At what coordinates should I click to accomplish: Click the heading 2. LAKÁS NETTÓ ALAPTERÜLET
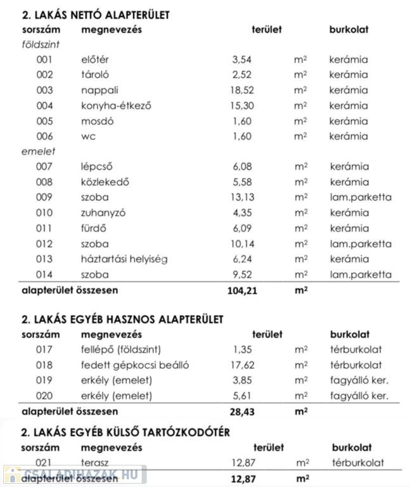tap(96, 14)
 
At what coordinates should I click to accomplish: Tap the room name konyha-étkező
tap(117, 106)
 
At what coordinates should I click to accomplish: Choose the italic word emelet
tap(39, 152)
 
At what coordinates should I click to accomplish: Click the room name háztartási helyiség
tap(124, 259)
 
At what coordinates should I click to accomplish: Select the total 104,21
tap(242, 290)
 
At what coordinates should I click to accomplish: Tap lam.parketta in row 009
tap(361, 197)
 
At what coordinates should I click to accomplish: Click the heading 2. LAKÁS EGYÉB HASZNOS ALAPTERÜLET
tap(122, 319)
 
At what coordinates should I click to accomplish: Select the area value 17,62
tap(243, 365)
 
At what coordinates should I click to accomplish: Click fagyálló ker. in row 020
tap(359, 396)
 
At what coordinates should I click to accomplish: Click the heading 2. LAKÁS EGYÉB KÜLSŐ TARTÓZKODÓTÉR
tap(125, 432)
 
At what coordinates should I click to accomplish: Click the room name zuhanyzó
tap(103, 213)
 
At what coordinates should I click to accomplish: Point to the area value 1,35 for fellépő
tap(243, 349)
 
